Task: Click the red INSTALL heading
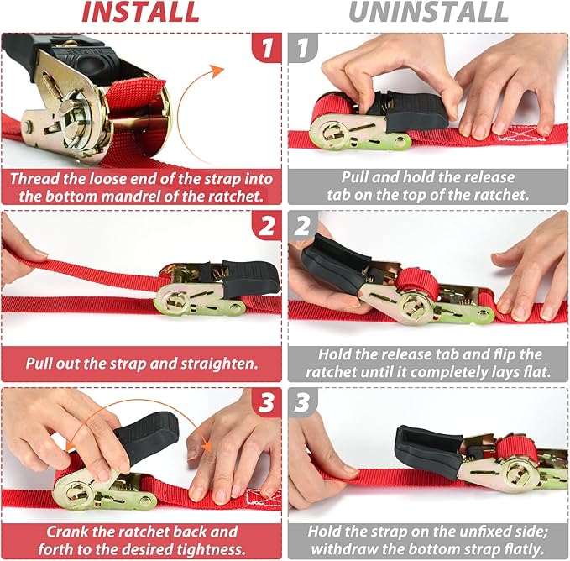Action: tap(141, 12)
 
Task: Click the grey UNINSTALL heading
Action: tap(429, 12)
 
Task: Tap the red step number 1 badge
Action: tap(266, 47)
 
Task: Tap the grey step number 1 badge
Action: tap(303, 47)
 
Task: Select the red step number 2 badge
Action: tap(266, 225)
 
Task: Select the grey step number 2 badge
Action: tap(303, 225)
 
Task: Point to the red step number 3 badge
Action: tap(266, 402)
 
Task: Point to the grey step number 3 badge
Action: tap(303, 402)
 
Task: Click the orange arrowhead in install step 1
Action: tap(217, 71)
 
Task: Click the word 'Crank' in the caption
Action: tap(68, 532)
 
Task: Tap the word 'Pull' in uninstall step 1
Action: tap(354, 177)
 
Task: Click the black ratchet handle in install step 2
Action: tap(251, 278)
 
